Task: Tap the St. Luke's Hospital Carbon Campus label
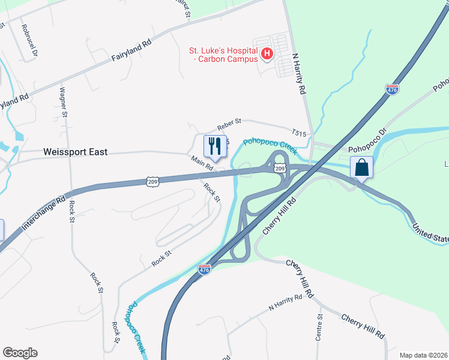[224, 55]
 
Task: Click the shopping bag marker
[362, 167]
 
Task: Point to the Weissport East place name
[76, 152]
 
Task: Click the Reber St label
[229, 122]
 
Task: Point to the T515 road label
[299, 132]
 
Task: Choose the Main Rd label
[202, 164]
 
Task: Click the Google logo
[20, 353]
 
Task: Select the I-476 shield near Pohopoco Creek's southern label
[204, 270]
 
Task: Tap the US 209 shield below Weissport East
[152, 181]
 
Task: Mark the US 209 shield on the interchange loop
[280, 169]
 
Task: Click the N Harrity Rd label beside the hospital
[299, 73]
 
